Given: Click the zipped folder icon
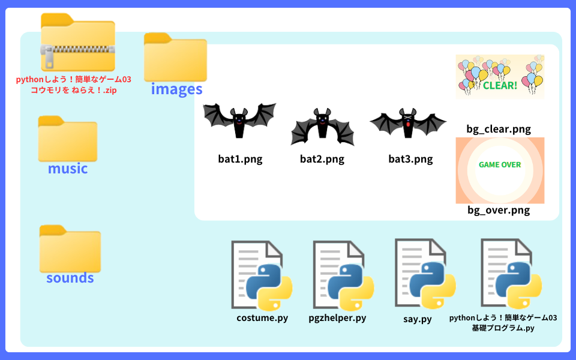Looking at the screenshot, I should pyautogui.click(x=77, y=42).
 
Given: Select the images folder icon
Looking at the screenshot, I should pyautogui.click(x=175, y=57).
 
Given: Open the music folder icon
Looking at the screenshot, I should pyautogui.click(x=68, y=139).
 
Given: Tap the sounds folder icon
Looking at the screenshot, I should pyautogui.click(x=70, y=249).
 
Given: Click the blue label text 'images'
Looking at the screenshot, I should pyautogui.click(x=176, y=89).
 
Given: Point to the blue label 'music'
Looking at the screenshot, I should pyautogui.click(x=68, y=169).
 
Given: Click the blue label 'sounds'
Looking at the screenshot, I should pyautogui.click(x=70, y=278).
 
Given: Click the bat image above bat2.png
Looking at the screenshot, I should pyautogui.click(x=322, y=126).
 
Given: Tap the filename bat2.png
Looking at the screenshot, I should pyautogui.click(x=322, y=159).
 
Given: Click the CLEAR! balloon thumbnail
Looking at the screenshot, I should pyautogui.click(x=500, y=76).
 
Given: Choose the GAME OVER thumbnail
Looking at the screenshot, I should pyautogui.click(x=500, y=170).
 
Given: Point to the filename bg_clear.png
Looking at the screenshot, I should pyautogui.click(x=499, y=129).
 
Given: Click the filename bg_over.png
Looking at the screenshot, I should pyautogui.click(x=499, y=211).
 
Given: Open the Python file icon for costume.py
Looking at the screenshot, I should pyautogui.click(x=261, y=275).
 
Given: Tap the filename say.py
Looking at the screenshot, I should pyautogui.click(x=418, y=319).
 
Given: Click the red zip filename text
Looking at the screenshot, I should pyautogui.click(x=73, y=85).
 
